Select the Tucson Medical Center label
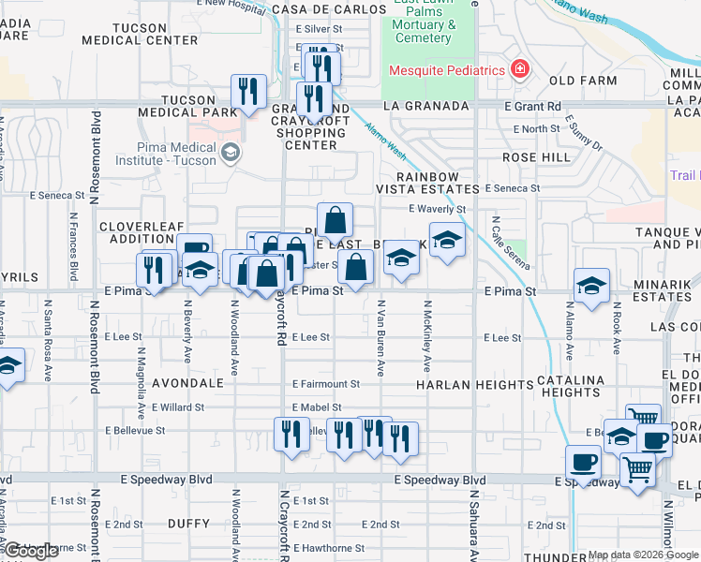point(139,34)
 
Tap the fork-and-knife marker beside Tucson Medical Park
point(247,92)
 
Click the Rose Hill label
point(537,157)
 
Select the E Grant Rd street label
point(531,107)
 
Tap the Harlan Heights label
point(462,385)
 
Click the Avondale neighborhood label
point(193,384)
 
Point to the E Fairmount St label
point(326,384)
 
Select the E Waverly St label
point(438,210)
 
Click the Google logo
point(32,551)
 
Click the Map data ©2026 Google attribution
point(642,555)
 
